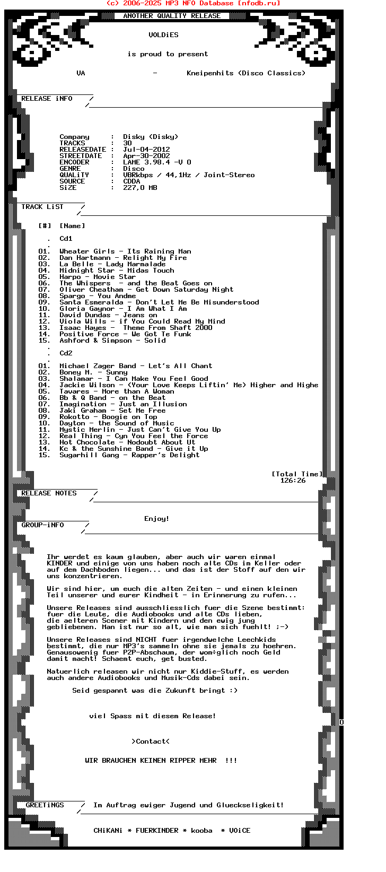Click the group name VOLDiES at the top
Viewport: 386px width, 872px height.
(163, 35)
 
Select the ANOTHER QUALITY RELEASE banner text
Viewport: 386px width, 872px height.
(172, 16)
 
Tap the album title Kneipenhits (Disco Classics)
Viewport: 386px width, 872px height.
(246, 73)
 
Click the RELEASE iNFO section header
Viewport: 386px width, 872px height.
(47, 99)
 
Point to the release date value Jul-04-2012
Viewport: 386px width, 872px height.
(146, 150)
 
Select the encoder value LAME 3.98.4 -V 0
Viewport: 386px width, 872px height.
(157, 162)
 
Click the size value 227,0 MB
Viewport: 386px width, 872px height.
(140, 188)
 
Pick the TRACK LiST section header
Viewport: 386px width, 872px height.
(42, 207)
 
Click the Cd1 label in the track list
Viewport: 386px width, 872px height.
(66, 239)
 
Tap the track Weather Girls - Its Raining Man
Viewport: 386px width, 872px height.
(125, 251)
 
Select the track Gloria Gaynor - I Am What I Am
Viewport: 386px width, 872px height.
(123, 309)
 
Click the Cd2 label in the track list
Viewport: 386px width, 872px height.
(66, 353)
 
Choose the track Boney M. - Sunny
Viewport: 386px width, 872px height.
(93, 372)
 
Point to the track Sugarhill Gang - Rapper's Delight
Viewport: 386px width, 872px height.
(129, 455)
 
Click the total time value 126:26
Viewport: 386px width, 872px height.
(293, 481)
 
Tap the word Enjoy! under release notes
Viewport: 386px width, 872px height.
(157, 519)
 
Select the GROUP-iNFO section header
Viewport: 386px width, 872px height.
(42, 525)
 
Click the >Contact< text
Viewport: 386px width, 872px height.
(151, 742)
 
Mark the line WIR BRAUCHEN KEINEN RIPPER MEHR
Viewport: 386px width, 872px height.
(151, 761)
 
